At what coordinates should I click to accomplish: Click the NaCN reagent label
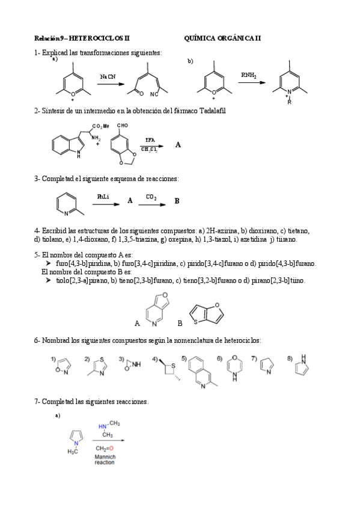[108, 77]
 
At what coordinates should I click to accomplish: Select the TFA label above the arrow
[149, 140]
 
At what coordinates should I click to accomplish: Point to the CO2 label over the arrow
[151, 196]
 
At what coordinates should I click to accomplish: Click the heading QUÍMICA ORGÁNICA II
[222, 38]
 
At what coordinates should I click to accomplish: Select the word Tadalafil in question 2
[210, 111]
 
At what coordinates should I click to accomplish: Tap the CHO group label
[123, 126]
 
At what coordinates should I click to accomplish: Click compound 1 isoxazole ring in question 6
[63, 364]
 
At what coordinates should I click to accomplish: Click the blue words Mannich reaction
[105, 459]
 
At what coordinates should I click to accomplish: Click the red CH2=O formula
[104, 449]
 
